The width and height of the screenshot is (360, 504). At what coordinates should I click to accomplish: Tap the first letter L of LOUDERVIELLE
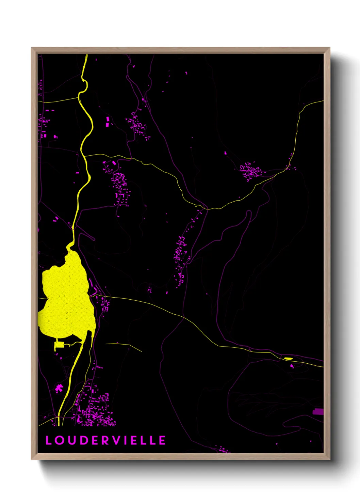tap(49, 440)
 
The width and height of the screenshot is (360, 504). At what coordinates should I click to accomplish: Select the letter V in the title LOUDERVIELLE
tap(116, 440)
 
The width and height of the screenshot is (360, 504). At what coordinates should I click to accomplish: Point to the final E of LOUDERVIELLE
tap(162, 440)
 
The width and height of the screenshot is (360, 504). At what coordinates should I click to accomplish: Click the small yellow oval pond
tap(288, 358)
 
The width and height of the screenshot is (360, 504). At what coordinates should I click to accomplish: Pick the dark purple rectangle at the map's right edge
tap(318, 412)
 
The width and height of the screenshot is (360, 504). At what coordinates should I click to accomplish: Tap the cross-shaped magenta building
tap(59, 388)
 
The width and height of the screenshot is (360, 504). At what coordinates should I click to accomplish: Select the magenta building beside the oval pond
tap(292, 366)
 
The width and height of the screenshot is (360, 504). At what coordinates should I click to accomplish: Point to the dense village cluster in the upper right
tap(251, 171)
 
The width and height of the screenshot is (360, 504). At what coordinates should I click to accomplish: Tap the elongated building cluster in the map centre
tap(180, 255)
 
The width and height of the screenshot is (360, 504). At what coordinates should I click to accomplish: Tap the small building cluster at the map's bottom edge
tap(223, 450)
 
